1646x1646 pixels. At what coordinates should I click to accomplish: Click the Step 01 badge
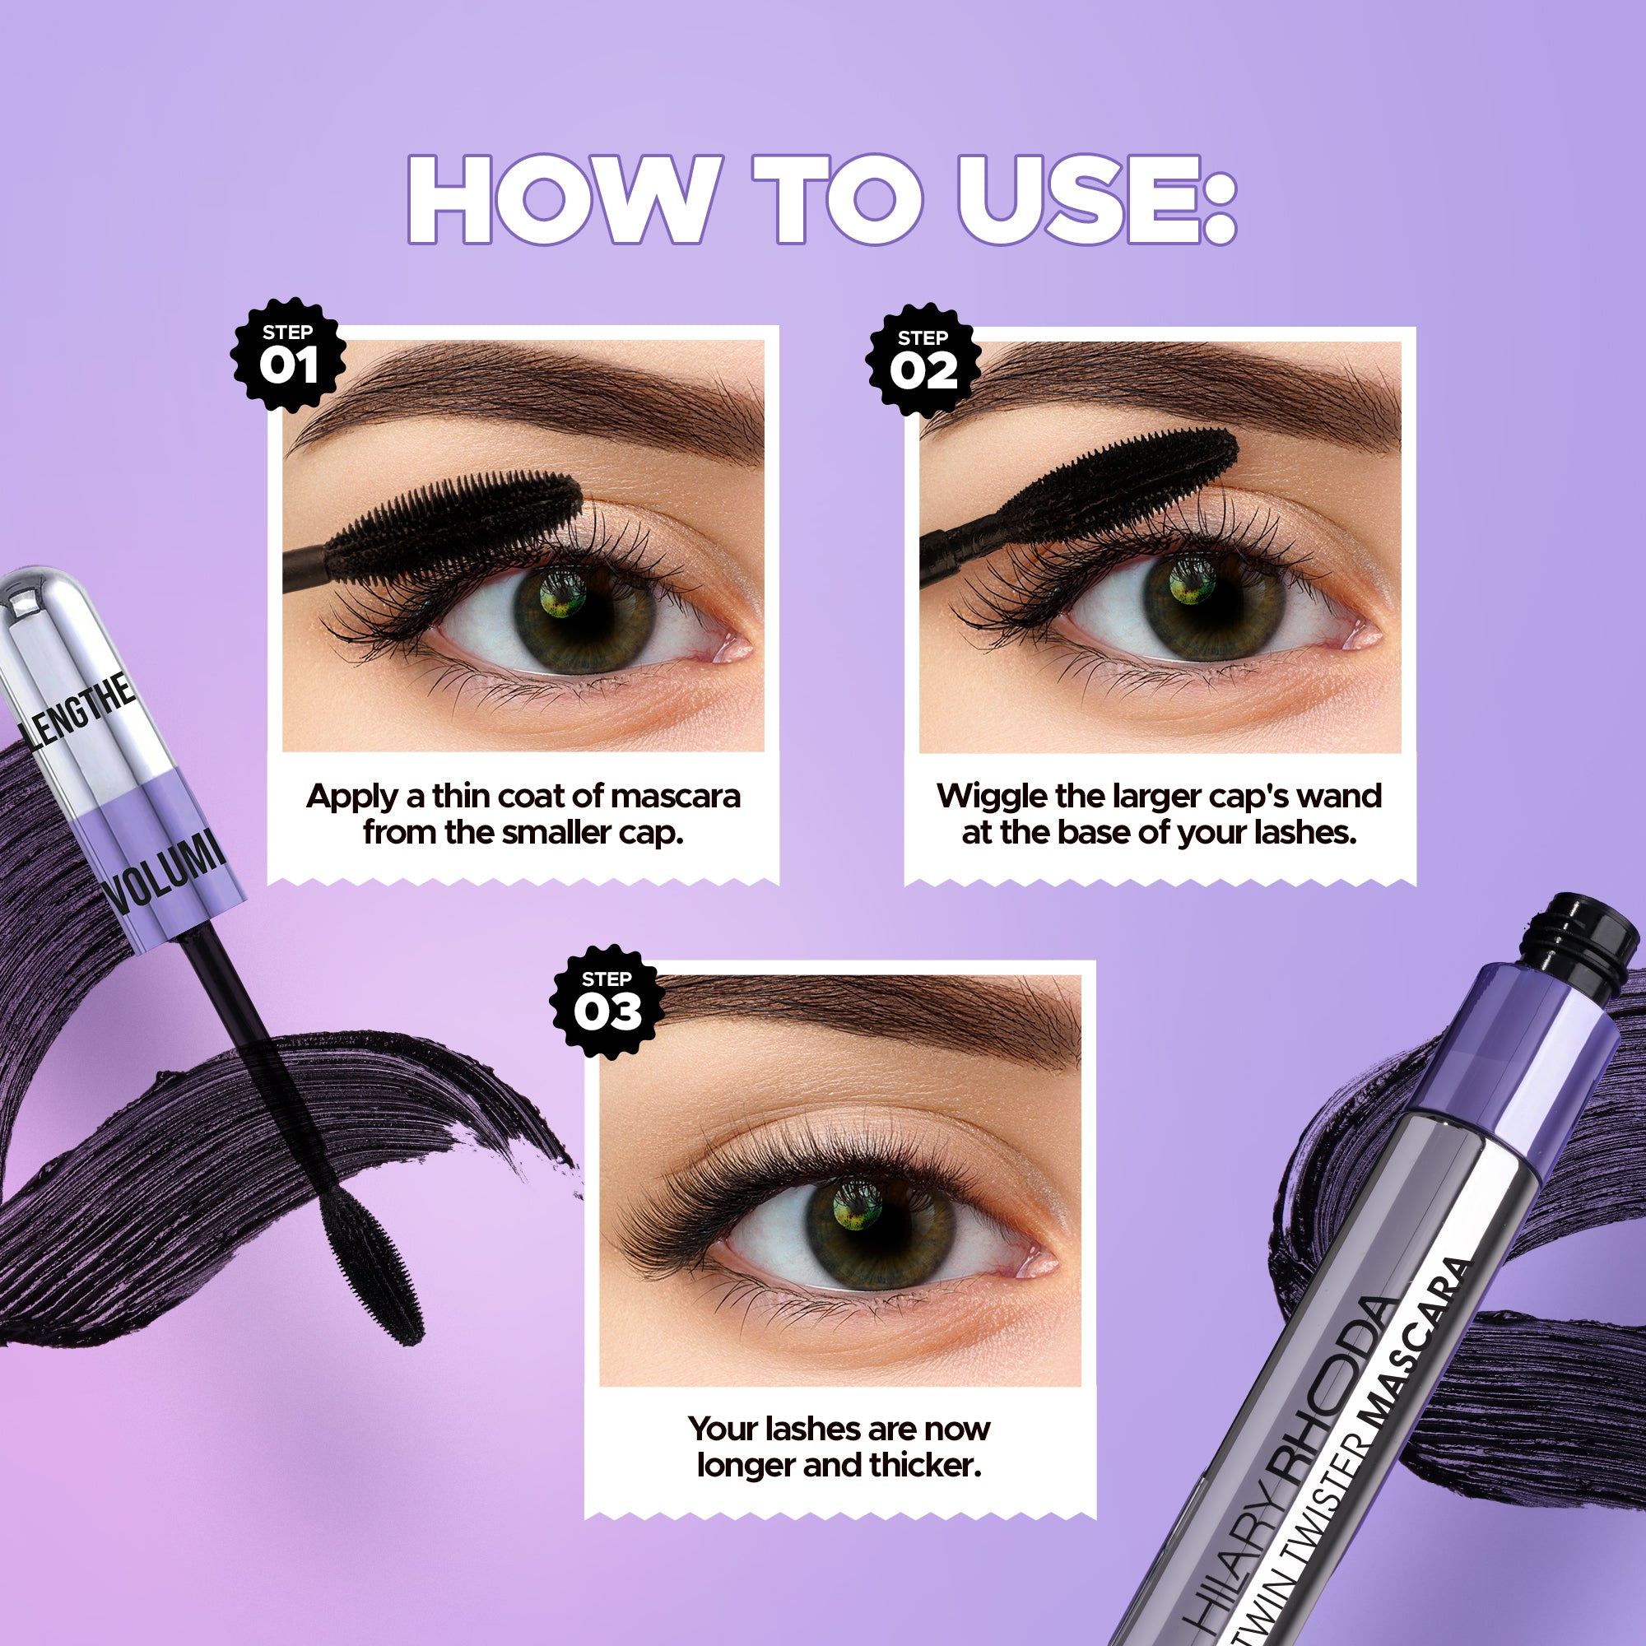[x=288, y=356]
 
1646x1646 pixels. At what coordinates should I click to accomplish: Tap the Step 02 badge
[x=923, y=360]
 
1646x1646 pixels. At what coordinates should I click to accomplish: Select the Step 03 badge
[x=607, y=1002]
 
